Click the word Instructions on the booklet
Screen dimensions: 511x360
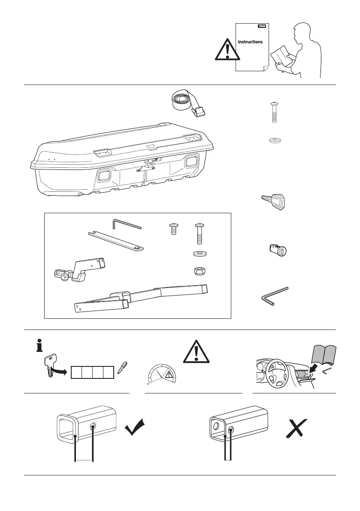click(251, 42)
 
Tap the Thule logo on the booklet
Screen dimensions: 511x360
click(261, 26)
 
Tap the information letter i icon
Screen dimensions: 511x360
click(40, 345)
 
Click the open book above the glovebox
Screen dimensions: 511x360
click(324, 355)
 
